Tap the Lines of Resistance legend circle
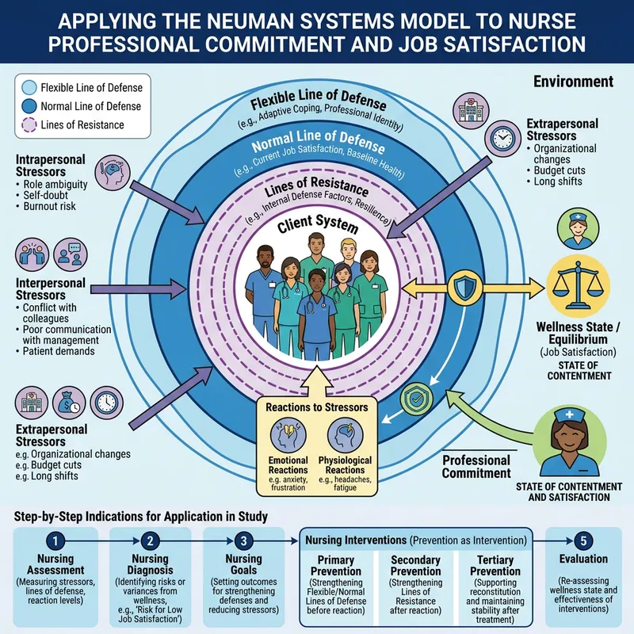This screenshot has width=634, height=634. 29,124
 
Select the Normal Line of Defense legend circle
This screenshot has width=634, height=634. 29,106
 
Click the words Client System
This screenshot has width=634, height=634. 317,227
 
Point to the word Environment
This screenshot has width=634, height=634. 573,82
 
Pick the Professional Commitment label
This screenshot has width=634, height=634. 475,467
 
